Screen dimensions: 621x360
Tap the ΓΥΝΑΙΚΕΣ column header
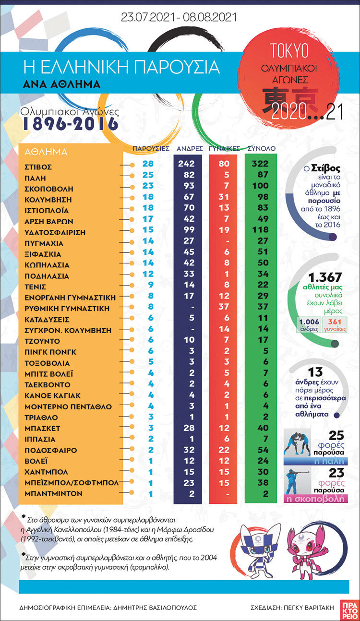[x=224, y=148]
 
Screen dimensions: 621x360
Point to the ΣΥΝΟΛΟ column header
[x=262, y=148]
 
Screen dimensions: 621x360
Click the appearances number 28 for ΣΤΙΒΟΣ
[x=147, y=164]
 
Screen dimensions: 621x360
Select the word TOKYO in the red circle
[x=289, y=50]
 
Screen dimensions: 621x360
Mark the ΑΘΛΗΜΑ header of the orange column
[x=46, y=152]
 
